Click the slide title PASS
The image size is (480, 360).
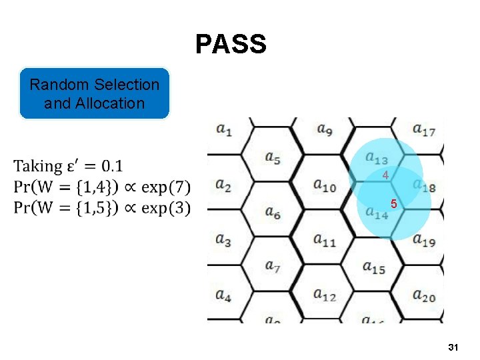tap(231, 45)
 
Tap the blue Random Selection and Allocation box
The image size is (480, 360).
tap(94, 94)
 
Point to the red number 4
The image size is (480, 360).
tap(385, 175)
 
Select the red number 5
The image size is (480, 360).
tap(394, 205)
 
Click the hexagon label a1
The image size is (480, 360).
tap(224, 131)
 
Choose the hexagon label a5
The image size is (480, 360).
tap(273, 158)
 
